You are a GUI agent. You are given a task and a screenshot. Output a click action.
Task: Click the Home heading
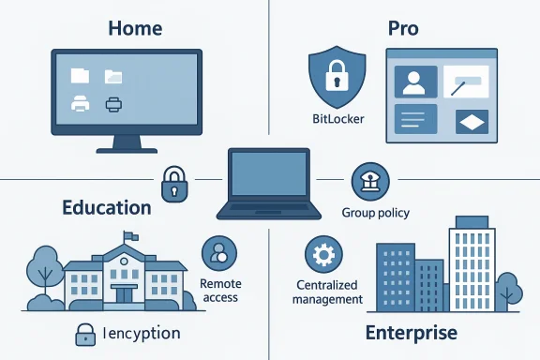tap(135, 28)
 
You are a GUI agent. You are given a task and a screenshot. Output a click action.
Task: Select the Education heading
tap(106, 206)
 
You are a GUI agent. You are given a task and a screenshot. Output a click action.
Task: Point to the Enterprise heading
tap(411, 332)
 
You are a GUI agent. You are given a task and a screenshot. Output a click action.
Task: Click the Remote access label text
tap(220, 290)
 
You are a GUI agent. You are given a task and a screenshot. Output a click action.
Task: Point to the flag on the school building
tap(129, 237)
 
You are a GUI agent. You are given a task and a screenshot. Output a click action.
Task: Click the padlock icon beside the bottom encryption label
tap(85, 333)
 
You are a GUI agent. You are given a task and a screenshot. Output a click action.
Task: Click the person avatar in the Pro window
tap(413, 82)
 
